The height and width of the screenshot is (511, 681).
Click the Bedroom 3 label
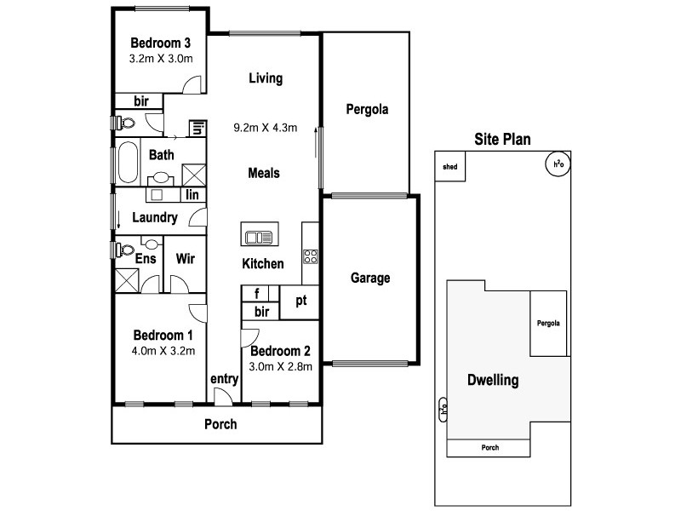click(160, 43)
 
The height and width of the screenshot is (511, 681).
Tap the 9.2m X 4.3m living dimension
click(265, 129)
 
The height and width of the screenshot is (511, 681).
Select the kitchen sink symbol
click(256, 235)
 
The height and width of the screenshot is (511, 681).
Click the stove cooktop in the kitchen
click(311, 255)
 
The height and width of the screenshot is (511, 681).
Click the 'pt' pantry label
click(300, 301)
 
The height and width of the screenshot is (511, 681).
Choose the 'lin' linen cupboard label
click(192, 195)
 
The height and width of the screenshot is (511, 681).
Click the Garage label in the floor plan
click(370, 278)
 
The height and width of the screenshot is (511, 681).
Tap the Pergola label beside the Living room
click(367, 109)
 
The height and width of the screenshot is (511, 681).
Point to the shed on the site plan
click(449, 167)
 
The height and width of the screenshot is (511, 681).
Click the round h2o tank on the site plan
click(558, 164)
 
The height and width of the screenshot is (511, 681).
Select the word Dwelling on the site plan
click(493, 380)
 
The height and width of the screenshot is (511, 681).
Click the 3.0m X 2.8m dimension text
click(280, 367)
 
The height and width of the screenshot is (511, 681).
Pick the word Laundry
click(154, 218)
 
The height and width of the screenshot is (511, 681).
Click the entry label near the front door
click(223, 379)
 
